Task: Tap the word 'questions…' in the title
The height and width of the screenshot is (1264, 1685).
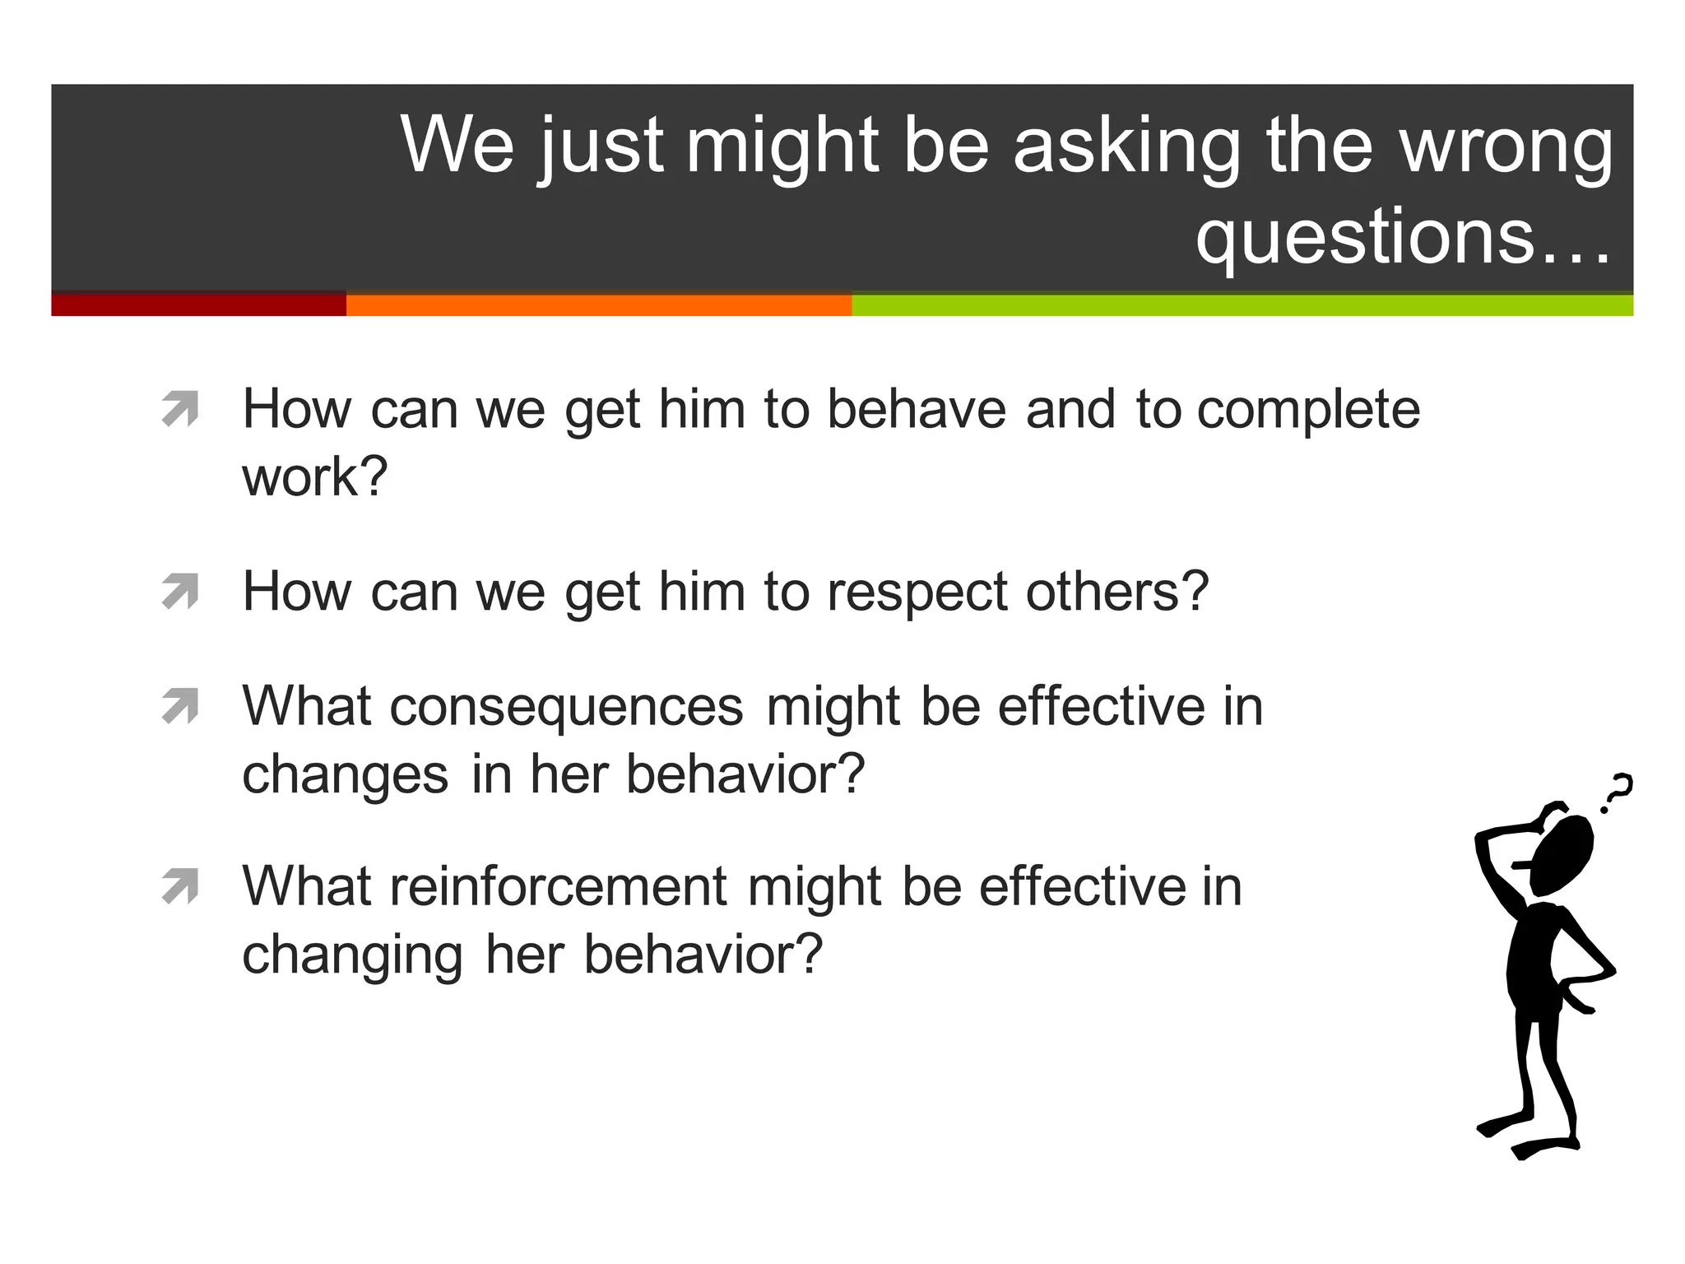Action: tap(1403, 237)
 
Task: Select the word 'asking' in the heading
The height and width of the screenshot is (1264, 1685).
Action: tap(1126, 146)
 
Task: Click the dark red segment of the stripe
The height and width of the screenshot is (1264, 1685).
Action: tap(198, 304)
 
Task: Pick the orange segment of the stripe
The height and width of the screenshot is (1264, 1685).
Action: tap(598, 304)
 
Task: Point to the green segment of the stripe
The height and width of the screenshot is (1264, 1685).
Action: tap(1242, 304)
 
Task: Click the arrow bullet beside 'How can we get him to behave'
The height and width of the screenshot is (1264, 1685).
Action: tap(181, 409)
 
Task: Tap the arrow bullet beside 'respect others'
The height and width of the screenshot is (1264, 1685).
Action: tap(181, 591)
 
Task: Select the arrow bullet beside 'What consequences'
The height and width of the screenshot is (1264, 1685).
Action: tap(181, 706)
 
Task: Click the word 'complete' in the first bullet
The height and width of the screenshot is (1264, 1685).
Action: tap(1308, 411)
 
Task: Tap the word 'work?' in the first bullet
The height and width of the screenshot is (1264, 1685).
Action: tap(314, 476)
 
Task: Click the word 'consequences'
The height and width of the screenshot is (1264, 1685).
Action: tap(566, 707)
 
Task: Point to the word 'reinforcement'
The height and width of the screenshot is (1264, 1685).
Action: tap(559, 886)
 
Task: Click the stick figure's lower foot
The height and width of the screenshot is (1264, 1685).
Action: tap(1543, 1147)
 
